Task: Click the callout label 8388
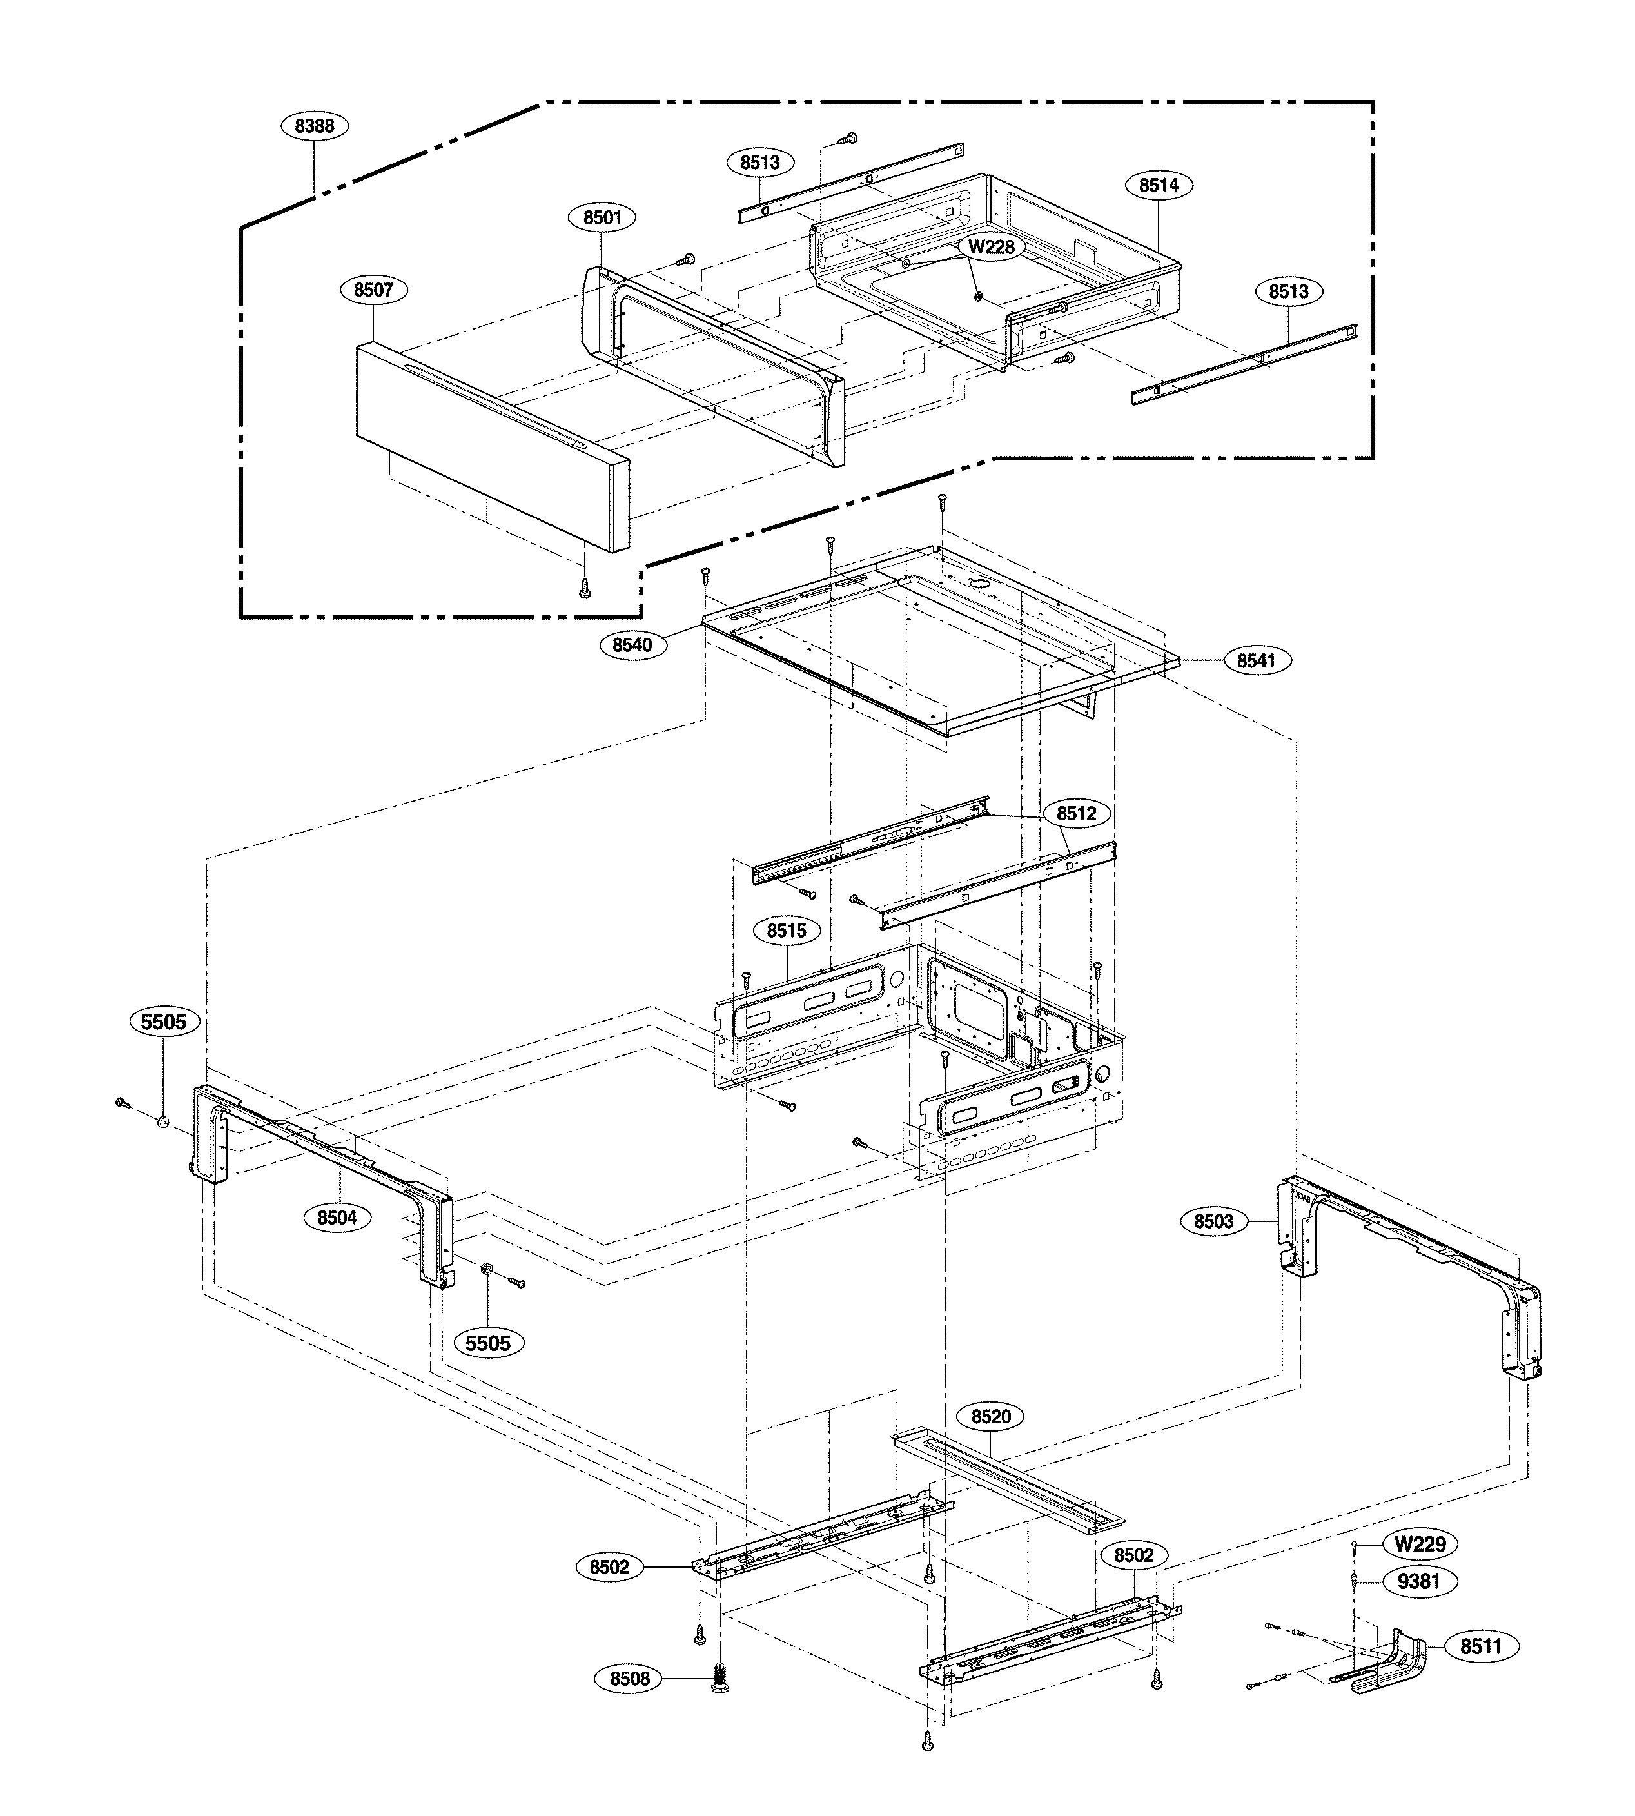315,126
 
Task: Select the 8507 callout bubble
374,290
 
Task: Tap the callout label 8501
602,217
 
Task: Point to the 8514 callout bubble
1159,185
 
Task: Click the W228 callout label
991,246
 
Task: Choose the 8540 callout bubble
632,645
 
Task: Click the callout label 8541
1256,660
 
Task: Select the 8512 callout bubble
1076,813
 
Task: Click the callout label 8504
337,1218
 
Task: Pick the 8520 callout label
991,1417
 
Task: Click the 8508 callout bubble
630,1679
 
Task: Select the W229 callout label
1420,1544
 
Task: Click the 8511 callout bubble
1480,1646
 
